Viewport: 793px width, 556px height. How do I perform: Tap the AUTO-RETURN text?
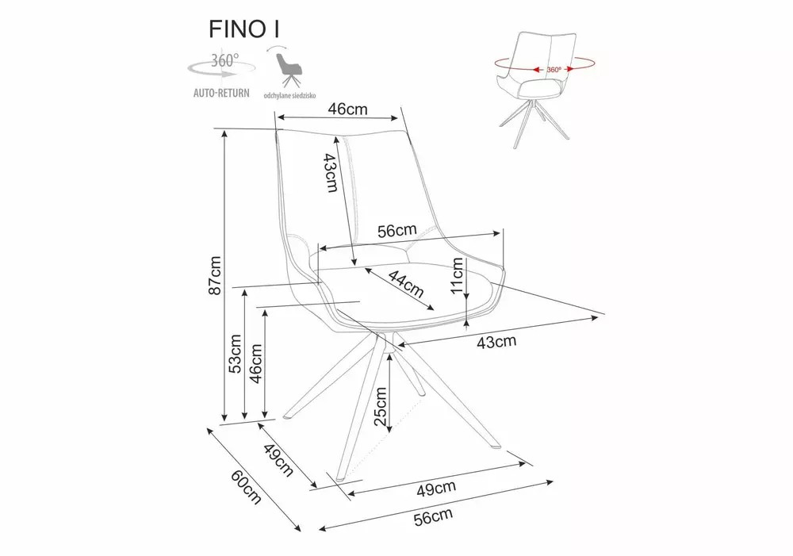(x=222, y=93)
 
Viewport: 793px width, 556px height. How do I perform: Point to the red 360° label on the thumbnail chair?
(x=554, y=69)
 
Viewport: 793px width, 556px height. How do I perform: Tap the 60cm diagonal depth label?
(x=246, y=485)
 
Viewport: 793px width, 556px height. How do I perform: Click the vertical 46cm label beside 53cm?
(x=255, y=364)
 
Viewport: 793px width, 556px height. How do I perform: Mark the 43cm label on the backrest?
(x=331, y=173)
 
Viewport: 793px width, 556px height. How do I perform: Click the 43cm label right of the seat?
(x=496, y=342)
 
